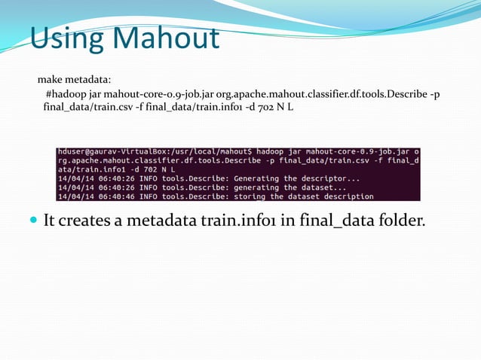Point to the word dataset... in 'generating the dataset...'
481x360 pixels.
317,188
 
